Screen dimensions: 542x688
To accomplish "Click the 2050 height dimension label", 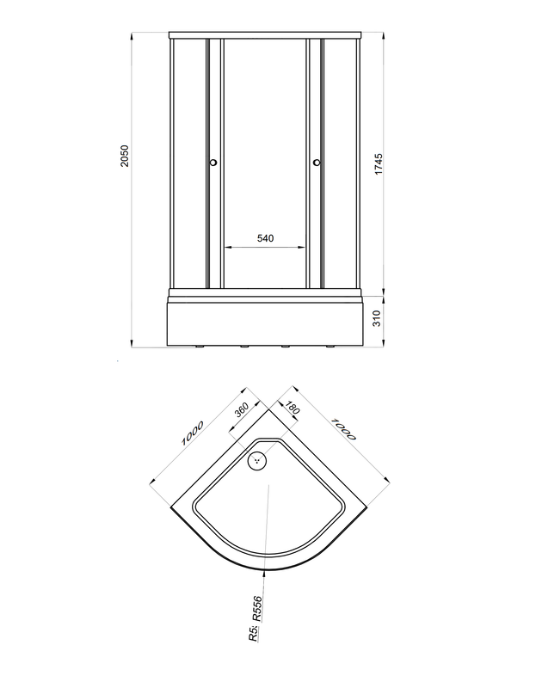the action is (125, 156).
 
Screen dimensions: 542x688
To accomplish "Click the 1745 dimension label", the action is (379, 163).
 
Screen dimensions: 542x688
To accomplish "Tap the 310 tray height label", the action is (377, 318).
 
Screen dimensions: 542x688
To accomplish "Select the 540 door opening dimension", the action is (265, 238).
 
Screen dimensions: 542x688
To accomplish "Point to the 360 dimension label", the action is (242, 410).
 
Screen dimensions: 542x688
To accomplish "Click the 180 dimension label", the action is (293, 408).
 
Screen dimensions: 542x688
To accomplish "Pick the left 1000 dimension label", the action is (193, 433).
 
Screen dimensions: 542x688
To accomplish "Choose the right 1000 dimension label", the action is (343, 428).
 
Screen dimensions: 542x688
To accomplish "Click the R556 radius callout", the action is (257, 608).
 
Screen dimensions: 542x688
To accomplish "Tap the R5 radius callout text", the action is (253, 634).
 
